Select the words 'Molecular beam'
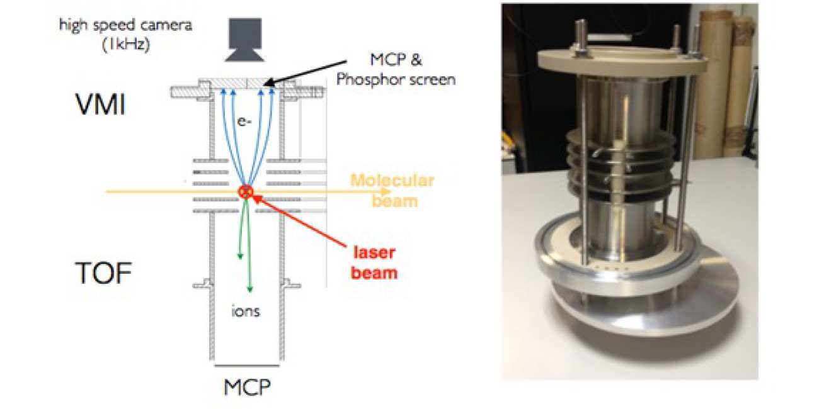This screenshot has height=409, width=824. [x=392, y=191]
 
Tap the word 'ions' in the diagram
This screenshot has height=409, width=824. [x=246, y=311]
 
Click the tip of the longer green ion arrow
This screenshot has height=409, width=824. [x=249, y=291]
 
